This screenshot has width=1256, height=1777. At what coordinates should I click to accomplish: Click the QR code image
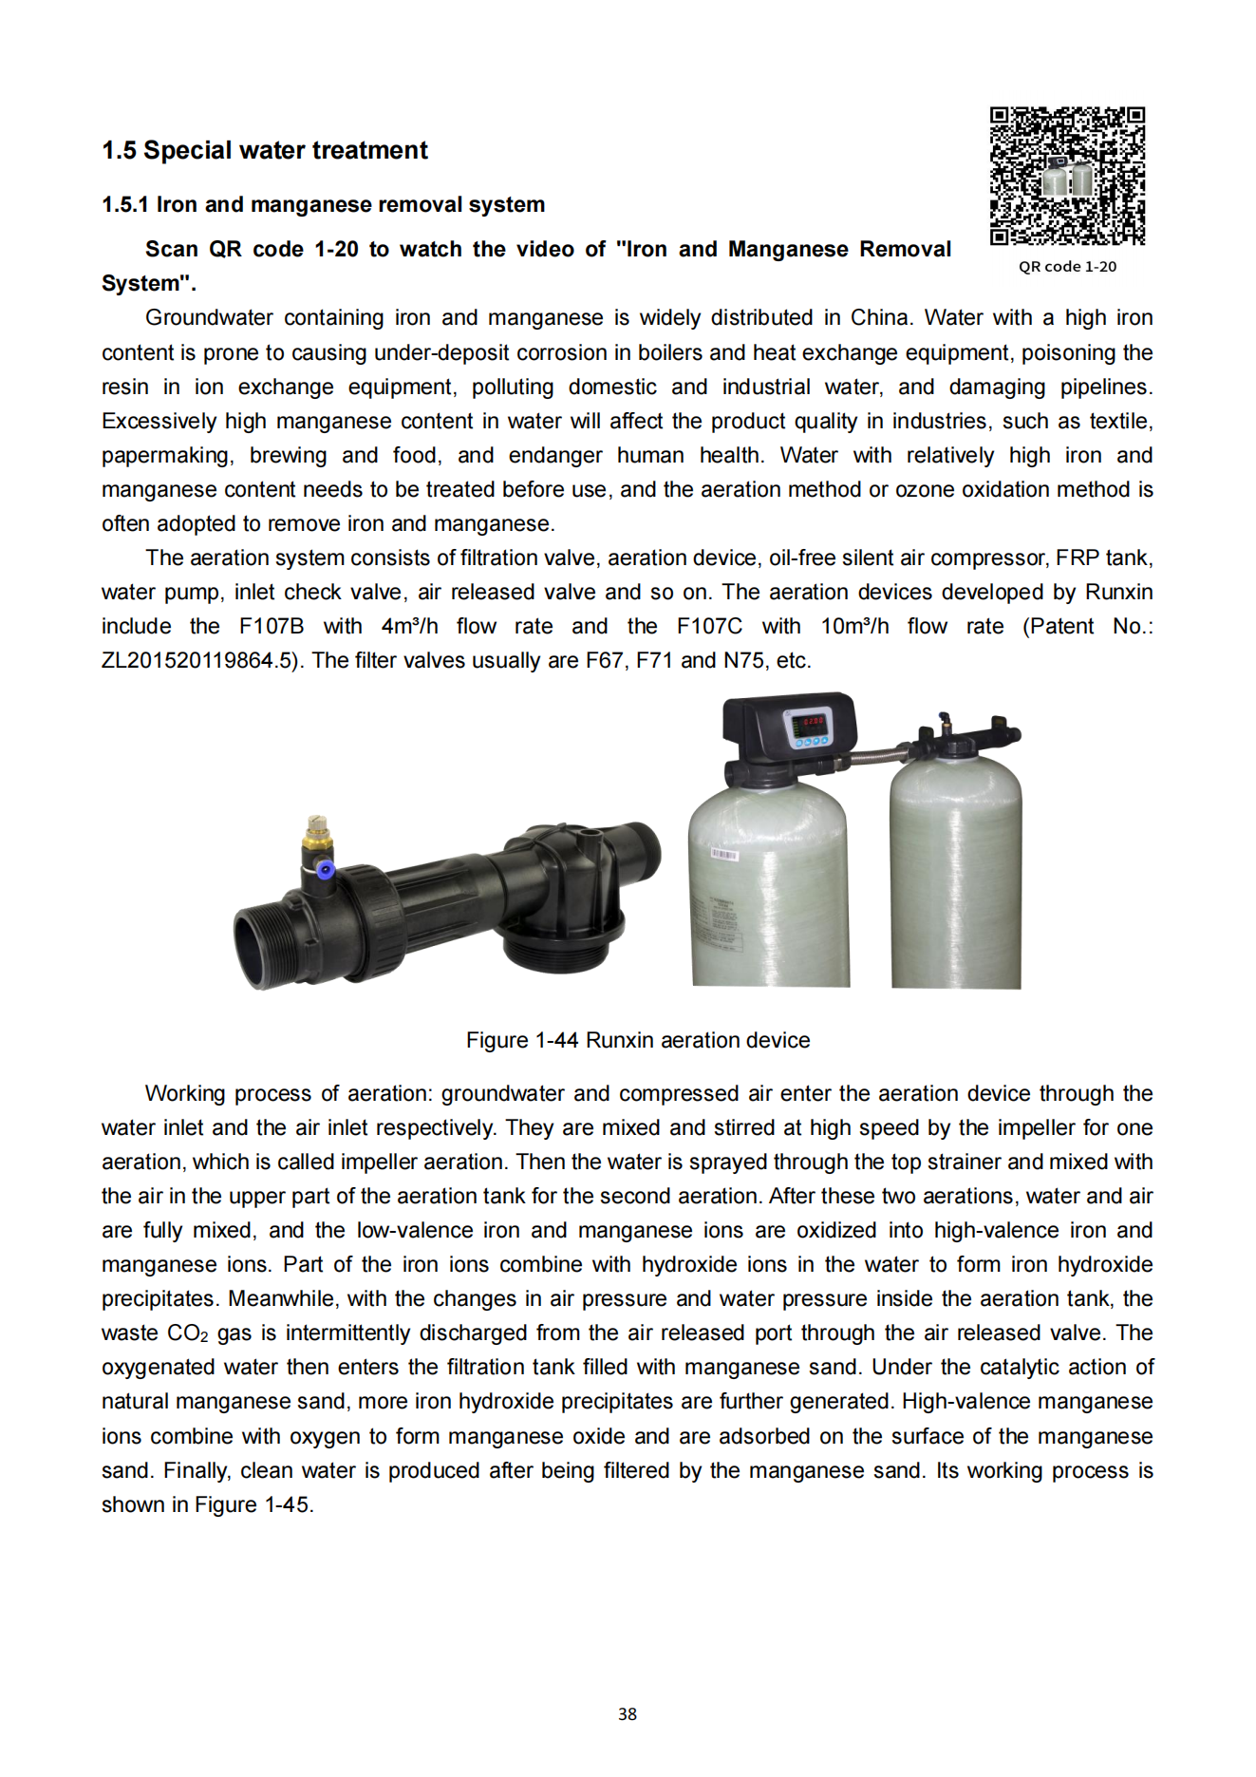pos(1067,176)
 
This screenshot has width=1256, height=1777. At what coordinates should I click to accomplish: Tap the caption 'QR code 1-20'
pos(1067,267)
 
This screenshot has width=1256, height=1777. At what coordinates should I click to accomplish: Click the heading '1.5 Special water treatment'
pos(265,151)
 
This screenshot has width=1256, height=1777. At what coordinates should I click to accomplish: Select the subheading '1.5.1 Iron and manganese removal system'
pos(323,205)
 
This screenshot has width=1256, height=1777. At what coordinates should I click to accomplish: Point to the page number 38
pos(628,1714)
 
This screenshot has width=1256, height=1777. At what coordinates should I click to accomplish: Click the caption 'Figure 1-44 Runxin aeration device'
pos(637,1041)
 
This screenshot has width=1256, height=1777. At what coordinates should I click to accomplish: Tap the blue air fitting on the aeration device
pos(326,868)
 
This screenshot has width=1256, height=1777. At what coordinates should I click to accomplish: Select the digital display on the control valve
pos(813,723)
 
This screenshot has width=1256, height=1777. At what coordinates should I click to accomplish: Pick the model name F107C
pos(709,627)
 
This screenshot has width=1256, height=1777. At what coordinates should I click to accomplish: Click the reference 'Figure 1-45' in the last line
pos(252,1505)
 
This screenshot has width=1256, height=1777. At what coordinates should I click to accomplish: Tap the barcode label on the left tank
pos(723,856)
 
